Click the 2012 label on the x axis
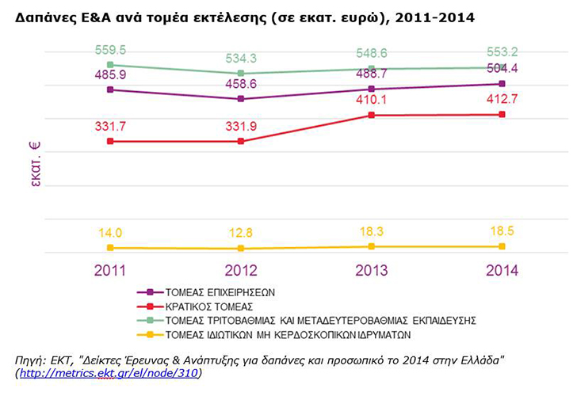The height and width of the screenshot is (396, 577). [241, 271]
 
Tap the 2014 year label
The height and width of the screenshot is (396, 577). [502, 271]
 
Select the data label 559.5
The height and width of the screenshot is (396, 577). [110, 50]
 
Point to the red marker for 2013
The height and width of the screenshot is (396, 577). [372, 115]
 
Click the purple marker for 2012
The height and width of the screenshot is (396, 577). [241, 98]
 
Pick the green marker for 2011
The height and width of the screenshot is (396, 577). [110, 65]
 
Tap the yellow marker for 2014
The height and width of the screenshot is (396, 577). [502, 246]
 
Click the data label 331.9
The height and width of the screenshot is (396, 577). [241, 127]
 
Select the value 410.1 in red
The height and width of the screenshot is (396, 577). [372, 99]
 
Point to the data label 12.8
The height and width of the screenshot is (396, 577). [241, 233]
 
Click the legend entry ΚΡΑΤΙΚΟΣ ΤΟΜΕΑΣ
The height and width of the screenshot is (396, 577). [209, 307]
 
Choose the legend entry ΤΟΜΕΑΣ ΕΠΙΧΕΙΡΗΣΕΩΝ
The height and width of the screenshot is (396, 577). [220, 293]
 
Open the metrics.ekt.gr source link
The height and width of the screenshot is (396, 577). [109, 374]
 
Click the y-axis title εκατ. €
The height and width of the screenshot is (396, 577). [35, 164]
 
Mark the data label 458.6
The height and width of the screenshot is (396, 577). [241, 84]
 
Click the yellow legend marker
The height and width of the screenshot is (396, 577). [150, 335]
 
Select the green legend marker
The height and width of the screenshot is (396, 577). [150, 320]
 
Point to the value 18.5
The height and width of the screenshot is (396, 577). [502, 231]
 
